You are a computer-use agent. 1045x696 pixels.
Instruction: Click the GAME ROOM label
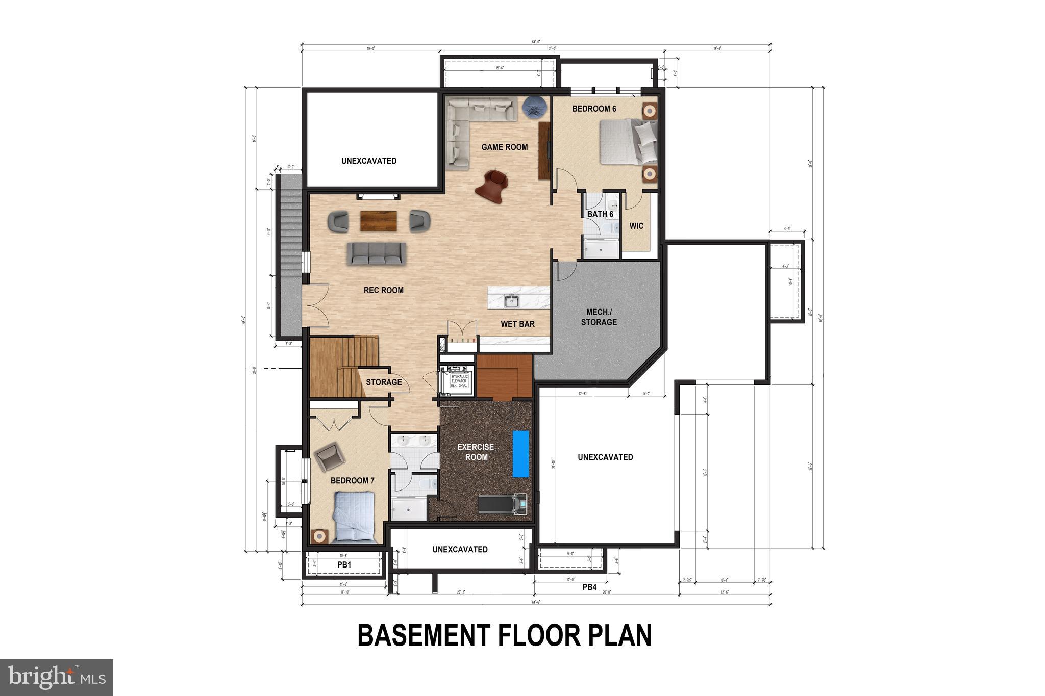point(505,147)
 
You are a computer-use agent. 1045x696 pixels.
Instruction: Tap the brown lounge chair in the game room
point(492,186)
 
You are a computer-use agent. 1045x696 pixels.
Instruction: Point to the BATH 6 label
point(600,214)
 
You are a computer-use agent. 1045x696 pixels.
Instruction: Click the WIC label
point(636,226)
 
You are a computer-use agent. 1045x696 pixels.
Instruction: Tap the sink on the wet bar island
point(512,301)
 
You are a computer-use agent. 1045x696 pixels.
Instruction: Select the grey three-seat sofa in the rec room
point(377,253)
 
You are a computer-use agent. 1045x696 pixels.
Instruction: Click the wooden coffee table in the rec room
point(379,221)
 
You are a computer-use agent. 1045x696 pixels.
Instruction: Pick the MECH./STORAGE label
point(599,317)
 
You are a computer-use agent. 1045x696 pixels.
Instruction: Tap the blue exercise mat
point(520,454)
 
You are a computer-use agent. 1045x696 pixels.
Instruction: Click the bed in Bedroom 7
point(354,516)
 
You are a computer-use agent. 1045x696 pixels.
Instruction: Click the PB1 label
point(344,565)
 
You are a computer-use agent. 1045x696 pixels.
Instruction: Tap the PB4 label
point(589,587)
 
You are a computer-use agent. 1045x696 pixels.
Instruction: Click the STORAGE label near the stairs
point(384,382)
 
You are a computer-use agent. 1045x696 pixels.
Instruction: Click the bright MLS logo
point(57,677)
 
